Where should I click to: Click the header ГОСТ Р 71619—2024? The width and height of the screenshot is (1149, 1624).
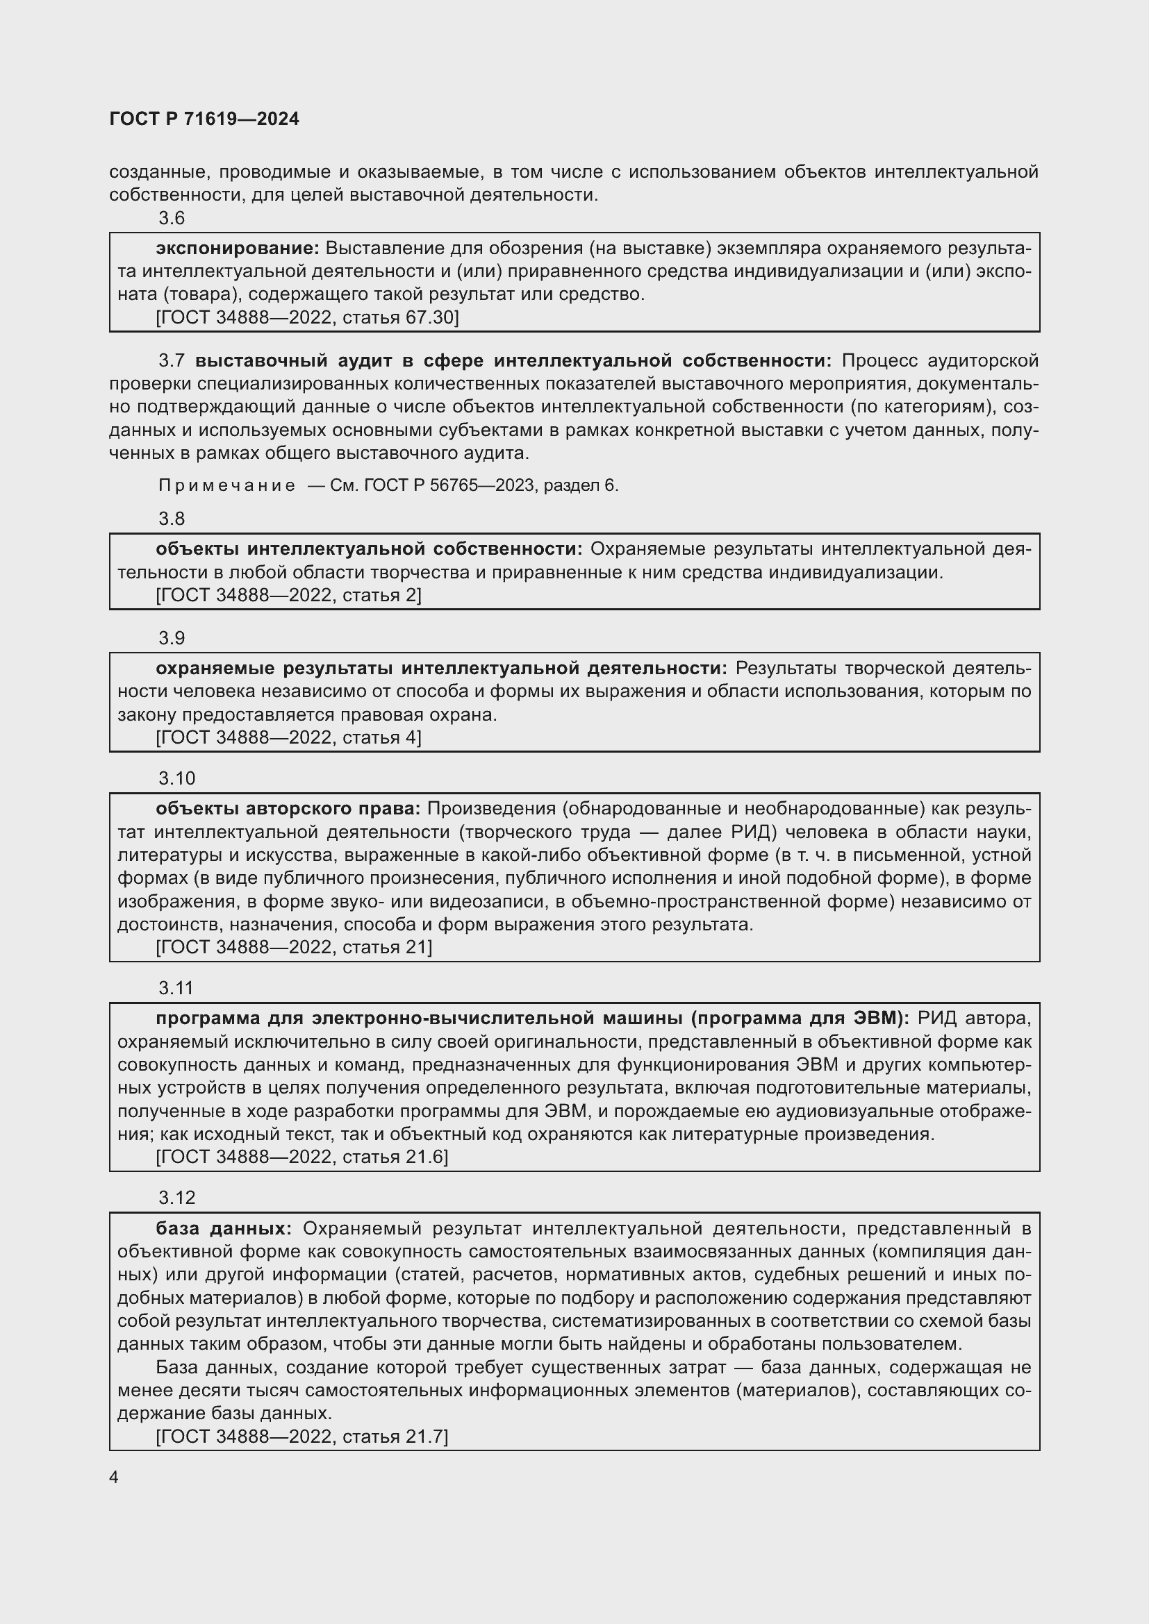pyautogui.click(x=204, y=119)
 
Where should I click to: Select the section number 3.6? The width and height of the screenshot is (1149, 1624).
pyautogui.click(x=171, y=218)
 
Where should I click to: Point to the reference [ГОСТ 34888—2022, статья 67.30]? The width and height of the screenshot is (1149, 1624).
pyautogui.click(x=307, y=317)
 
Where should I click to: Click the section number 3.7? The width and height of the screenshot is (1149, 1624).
pyautogui.click(x=171, y=361)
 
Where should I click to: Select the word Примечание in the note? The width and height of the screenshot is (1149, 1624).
pyautogui.click(x=226, y=485)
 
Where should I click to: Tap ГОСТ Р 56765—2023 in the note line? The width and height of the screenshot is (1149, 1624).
pyautogui.click(x=451, y=485)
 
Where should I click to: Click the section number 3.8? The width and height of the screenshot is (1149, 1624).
pyautogui.click(x=171, y=519)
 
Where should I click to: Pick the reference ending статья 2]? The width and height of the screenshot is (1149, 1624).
pyautogui.click(x=289, y=596)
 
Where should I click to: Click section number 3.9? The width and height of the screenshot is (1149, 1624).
pyautogui.click(x=171, y=638)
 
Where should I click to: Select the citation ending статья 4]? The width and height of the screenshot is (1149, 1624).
pyautogui.click(x=289, y=738)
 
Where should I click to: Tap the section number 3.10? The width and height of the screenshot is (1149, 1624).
pyautogui.click(x=176, y=778)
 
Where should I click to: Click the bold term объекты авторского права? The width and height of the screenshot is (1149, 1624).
pyautogui.click(x=288, y=808)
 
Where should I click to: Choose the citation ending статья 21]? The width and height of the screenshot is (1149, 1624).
pyautogui.click(x=294, y=947)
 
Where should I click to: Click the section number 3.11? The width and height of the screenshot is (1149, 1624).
pyautogui.click(x=176, y=988)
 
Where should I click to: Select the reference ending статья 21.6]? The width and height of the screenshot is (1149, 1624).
pyautogui.click(x=301, y=1157)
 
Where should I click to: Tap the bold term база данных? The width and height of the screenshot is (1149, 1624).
pyautogui.click(x=224, y=1228)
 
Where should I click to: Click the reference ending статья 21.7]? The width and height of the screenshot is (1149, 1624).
pyautogui.click(x=301, y=1436)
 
